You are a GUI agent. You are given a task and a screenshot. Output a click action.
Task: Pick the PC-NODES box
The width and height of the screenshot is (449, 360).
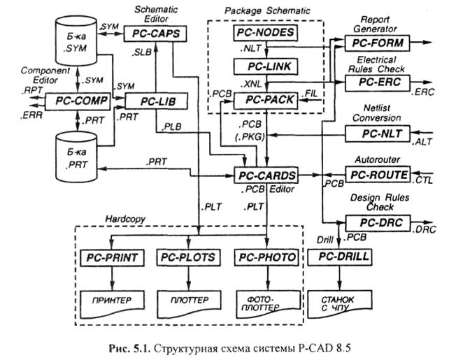(265, 33)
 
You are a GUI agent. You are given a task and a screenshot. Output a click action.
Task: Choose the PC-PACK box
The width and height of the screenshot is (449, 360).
(264, 101)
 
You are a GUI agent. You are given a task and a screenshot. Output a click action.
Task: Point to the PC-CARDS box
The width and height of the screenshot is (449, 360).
(265, 174)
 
